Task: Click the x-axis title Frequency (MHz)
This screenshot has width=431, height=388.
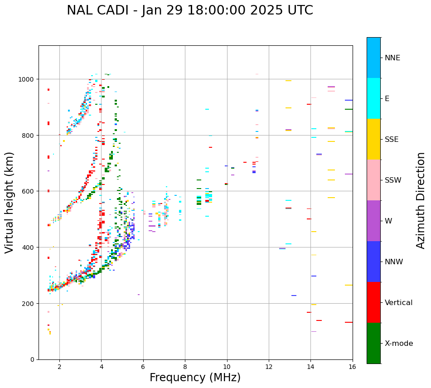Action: point(195,378)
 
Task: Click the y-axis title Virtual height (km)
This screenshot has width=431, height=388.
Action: point(10,203)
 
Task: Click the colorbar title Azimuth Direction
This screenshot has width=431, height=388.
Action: point(421,200)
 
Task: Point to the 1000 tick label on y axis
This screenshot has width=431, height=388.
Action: point(27,79)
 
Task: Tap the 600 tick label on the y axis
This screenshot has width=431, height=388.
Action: point(29,191)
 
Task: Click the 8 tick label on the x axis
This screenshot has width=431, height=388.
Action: point(185,367)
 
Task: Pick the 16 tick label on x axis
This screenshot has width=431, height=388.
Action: point(352,367)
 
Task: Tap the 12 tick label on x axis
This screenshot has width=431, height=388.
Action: point(269,367)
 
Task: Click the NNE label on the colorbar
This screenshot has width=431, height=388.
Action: point(392,58)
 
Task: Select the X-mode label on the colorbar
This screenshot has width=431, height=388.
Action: point(399,344)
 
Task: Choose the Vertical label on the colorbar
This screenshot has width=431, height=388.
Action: point(399,303)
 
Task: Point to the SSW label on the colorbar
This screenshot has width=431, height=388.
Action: point(393,180)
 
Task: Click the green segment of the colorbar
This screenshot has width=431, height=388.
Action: point(373,343)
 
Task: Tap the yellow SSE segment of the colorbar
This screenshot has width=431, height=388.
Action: point(373,139)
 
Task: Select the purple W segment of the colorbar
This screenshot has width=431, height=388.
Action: point(373,221)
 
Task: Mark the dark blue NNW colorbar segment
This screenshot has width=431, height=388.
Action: point(373,262)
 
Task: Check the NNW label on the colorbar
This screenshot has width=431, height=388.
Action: point(394,262)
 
